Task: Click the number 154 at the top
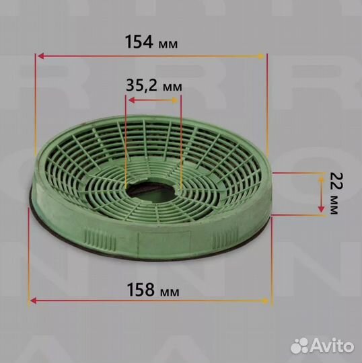coord(139,42)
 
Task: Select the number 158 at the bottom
coord(141,289)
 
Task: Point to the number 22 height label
coord(336,181)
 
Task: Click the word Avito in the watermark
coord(332,346)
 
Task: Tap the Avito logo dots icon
coord(299,346)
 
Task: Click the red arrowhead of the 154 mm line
coord(41,56)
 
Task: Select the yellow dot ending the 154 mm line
coord(261,56)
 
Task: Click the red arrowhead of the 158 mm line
coord(34,301)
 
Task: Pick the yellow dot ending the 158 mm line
coord(265,301)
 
